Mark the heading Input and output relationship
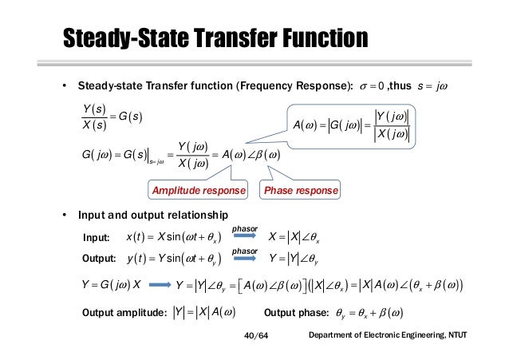point(152,216)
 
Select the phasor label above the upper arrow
point(244,228)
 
